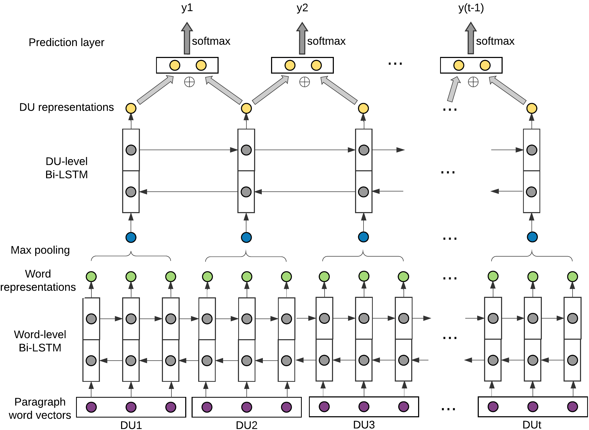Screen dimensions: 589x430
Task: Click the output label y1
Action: point(187,8)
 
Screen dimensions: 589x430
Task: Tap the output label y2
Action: point(302,8)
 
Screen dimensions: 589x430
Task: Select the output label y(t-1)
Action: point(471,8)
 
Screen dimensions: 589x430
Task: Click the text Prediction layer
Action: point(67,42)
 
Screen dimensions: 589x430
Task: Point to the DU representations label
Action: point(67,107)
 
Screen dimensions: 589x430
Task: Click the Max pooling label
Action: point(40,250)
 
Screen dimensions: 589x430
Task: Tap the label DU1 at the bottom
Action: point(131,425)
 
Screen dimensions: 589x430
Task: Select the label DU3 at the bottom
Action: point(364,424)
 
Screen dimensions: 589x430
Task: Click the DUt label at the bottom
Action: point(532,424)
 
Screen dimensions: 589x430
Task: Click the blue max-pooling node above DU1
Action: point(131,237)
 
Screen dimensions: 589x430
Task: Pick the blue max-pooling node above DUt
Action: point(532,237)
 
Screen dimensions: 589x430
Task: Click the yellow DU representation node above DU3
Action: point(363,108)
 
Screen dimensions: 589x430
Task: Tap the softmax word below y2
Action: point(326,41)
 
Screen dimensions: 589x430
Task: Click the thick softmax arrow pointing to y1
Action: point(187,38)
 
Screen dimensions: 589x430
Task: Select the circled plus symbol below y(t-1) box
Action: point(473,82)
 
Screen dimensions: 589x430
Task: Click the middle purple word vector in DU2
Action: point(247,407)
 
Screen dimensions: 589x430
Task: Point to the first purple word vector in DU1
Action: point(91,407)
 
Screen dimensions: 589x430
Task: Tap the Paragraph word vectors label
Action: point(40,409)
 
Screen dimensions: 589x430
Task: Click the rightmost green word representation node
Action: point(573,276)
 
